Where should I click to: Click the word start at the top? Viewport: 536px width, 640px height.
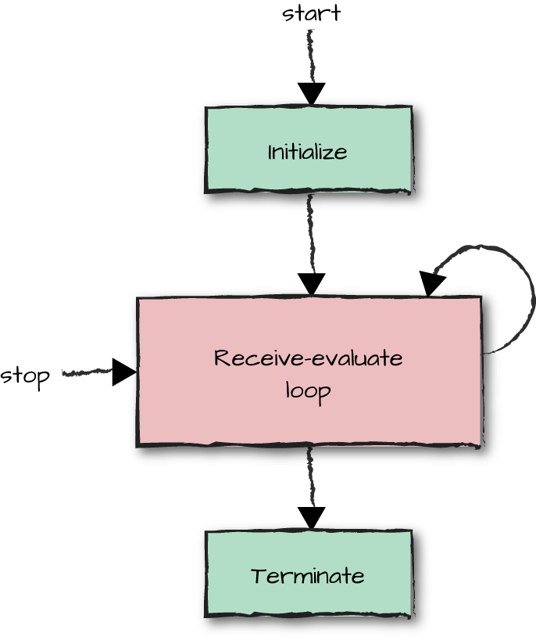(311, 13)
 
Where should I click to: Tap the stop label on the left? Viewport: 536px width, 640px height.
(25, 376)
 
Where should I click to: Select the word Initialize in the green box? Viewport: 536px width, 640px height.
(307, 152)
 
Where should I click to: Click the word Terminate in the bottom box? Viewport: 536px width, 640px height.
(307, 577)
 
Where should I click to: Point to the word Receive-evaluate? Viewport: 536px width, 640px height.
(308, 359)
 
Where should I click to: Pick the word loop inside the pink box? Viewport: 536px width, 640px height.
(308, 389)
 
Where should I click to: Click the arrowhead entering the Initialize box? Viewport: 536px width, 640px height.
(311, 94)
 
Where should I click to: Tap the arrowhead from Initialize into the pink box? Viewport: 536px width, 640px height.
(311, 285)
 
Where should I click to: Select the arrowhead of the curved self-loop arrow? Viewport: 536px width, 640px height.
(431, 283)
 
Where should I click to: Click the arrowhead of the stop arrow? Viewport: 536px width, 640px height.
(123, 372)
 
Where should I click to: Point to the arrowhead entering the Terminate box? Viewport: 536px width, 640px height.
(311, 518)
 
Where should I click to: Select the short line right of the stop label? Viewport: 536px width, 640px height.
(86, 372)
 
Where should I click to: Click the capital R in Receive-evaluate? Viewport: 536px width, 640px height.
(221, 359)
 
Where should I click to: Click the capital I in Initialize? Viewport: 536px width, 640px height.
(270, 152)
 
